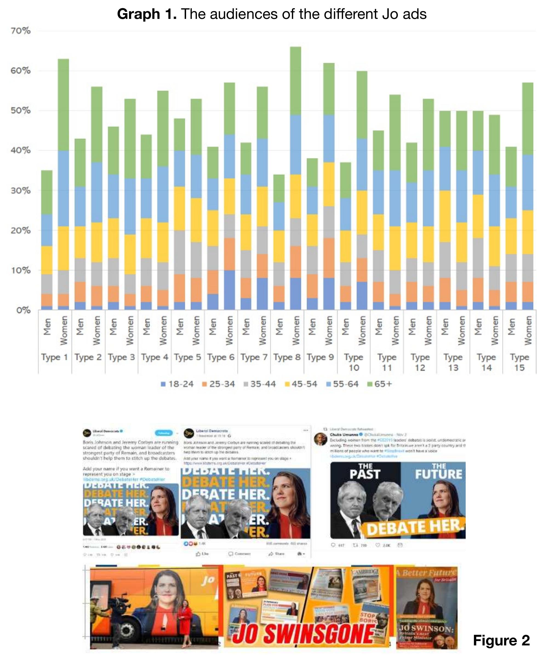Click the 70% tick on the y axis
tap(21, 31)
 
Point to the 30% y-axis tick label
tap(21, 190)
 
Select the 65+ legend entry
tap(379, 384)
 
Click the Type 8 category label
tap(287, 357)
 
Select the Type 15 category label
tap(519, 362)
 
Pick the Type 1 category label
tap(55, 357)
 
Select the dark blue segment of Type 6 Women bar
tap(230, 290)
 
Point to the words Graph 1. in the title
tap(147, 14)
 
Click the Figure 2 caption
tap(501, 640)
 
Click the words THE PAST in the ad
tap(365, 471)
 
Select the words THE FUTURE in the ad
tap(439, 471)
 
